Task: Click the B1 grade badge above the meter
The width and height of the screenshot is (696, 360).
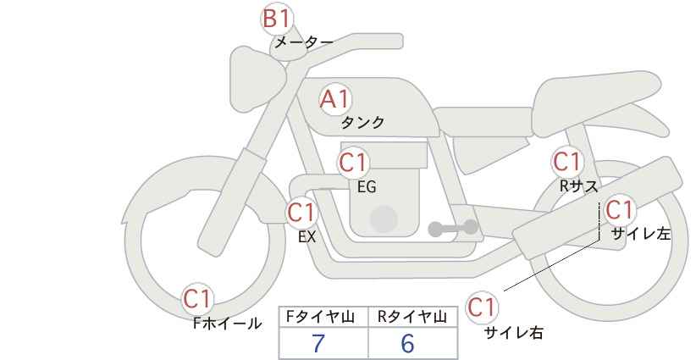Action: [276, 19]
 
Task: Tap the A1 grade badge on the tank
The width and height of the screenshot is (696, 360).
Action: [335, 99]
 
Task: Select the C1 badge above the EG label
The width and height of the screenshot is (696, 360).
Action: [353, 163]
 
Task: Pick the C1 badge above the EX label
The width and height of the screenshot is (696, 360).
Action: [301, 213]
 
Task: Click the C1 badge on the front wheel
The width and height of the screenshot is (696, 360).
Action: [197, 299]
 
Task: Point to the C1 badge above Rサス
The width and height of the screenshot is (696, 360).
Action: [566, 162]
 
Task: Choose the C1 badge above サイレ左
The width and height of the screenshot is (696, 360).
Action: [619, 209]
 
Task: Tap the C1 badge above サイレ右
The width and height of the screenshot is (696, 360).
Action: [482, 307]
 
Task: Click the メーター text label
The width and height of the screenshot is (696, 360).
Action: [304, 42]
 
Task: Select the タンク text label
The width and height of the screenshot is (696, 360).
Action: [362, 123]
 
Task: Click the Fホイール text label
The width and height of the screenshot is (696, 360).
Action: [227, 324]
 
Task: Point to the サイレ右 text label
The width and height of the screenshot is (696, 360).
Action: [514, 332]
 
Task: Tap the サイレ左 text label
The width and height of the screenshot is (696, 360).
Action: [641, 234]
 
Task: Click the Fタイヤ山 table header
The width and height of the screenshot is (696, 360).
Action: [320, 317]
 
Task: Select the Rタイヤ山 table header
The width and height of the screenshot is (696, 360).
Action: [412, 317]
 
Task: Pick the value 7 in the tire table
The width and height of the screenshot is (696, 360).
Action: [318, 343]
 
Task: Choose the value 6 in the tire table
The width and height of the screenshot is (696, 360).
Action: [407, 343]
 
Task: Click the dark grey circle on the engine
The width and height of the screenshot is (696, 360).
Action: [384, 219]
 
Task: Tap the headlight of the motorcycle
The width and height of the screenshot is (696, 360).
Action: [256, 80]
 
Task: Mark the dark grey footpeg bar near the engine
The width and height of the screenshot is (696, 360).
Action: [453, 228]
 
